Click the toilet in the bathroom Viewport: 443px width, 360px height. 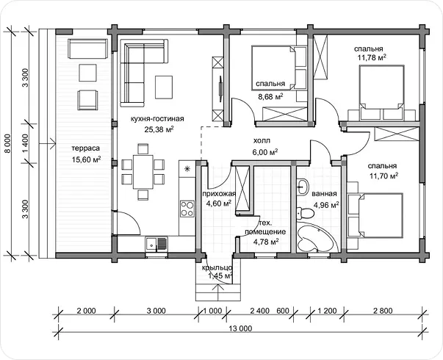pyautogui.click(x=305, y=213)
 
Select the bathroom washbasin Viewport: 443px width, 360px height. pyautogui.click(x=303, y=187)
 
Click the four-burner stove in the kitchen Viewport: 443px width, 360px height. pyautogui.click(x=187, y=209)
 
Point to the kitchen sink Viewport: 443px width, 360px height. pyautogui.click(x=156, y=244)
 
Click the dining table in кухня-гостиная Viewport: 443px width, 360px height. pyautogui.click(x=143, y=171)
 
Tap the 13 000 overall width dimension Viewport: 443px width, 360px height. pyautogui.click(x=241, y=328)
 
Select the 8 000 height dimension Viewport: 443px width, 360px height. pyautogui.click(x=8, y=143)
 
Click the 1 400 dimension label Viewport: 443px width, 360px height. pyautogui.click(x=26, y=143)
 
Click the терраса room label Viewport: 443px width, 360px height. pyautogui.click(x=86, y=148)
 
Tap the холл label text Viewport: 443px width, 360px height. pyautogui.click(x=262, y=140)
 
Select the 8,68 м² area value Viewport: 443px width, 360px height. pyautogui.click(x=270, y=97)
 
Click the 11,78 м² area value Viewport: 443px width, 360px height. pyautogui.click(x=372, y=58)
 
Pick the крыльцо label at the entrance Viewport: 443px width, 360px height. pyautogui.click(x=217, y=267)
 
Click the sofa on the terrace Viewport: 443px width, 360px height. pyautogui.click(x=88, y=48)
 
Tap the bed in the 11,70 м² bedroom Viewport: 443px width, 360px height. pyautogui.click(x=375, y=215)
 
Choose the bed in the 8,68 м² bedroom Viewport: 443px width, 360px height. pyautogui.click(x=279, y=68)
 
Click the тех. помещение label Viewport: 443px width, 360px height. pyautogui.click(x=265, y=228)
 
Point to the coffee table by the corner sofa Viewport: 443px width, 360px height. pyautogui.click(x=164, y=87)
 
